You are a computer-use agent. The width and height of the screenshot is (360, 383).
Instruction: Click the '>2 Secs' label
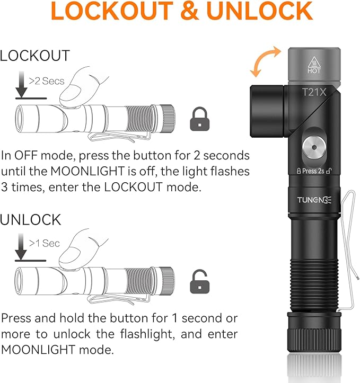pos(47,81)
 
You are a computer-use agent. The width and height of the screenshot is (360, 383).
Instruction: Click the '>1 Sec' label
pos(45,243)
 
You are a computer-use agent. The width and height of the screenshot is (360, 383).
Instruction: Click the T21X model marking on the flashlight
pos(314,92)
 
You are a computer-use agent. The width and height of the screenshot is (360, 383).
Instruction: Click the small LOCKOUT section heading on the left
pos(35,56)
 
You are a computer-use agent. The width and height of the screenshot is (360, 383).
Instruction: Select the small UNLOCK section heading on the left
pos(31,219)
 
